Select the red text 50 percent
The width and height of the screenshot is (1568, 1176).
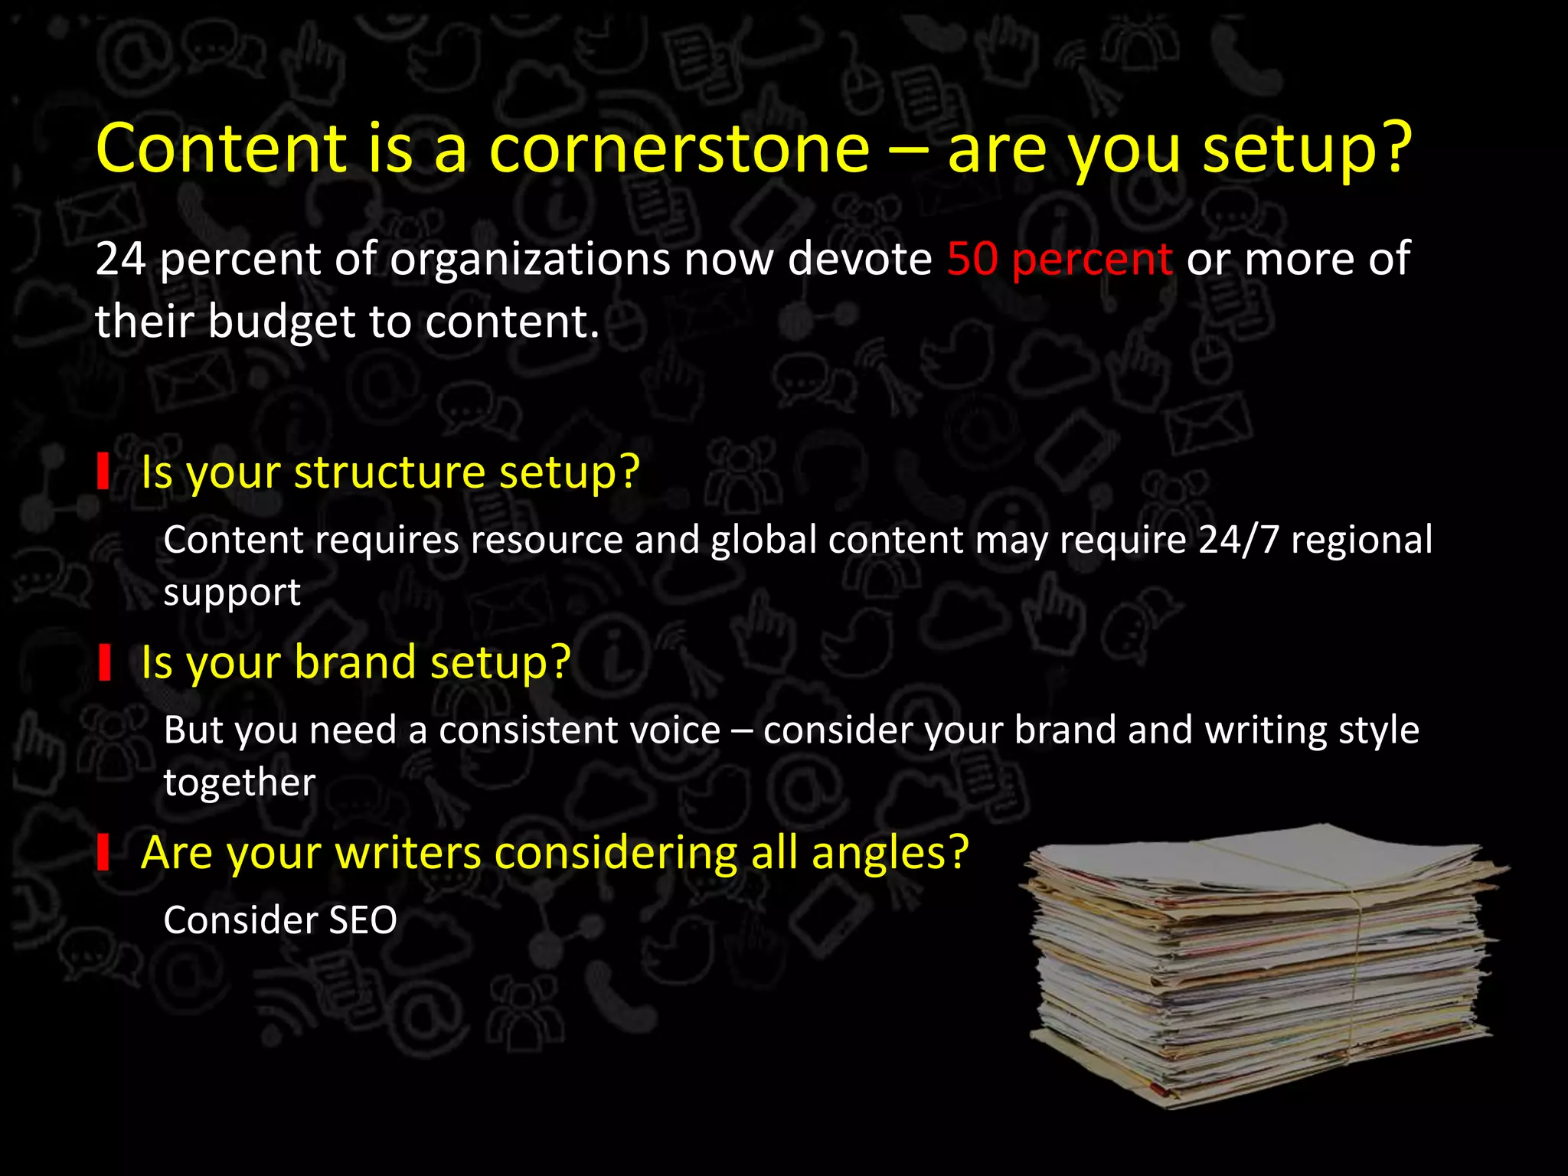click(1059, 259)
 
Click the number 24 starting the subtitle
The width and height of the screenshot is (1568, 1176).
click(120, 259)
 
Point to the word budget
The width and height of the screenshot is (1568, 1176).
click(282, 322)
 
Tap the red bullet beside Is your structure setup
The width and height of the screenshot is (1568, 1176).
click(103, 472)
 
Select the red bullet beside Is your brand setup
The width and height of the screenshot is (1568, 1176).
click(104, 661)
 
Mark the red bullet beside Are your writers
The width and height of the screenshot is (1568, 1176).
click(103, 852)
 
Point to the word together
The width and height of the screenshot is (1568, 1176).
click(239, 782)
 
